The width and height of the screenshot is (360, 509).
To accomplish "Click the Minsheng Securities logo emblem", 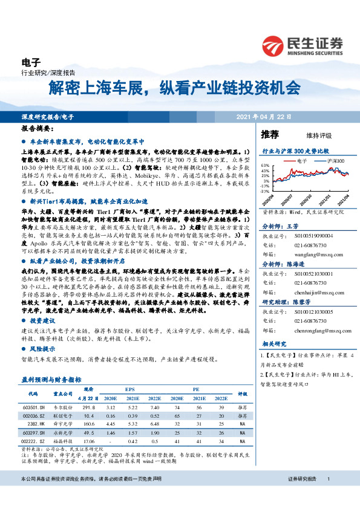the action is coord(276,46).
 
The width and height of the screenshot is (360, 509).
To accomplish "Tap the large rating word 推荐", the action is coord(270,134).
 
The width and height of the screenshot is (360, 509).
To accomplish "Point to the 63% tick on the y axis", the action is coord(266,165).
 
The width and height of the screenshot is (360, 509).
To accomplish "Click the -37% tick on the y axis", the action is coord(265,190).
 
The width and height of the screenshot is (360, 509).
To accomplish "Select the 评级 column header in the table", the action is coord(243,394).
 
